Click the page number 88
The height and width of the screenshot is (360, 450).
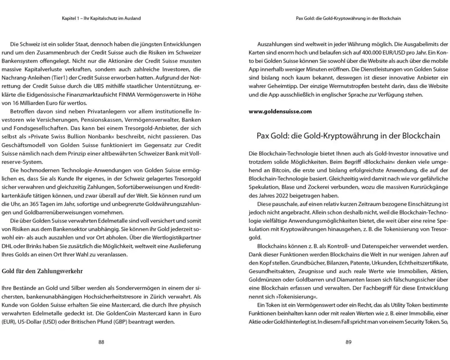click(x=101, y=342)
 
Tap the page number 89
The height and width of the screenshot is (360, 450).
click(x=348, y=342)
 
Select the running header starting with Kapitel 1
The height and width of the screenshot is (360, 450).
click(x=101, y=18)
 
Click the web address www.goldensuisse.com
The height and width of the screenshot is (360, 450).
click(x=280, y=112)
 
